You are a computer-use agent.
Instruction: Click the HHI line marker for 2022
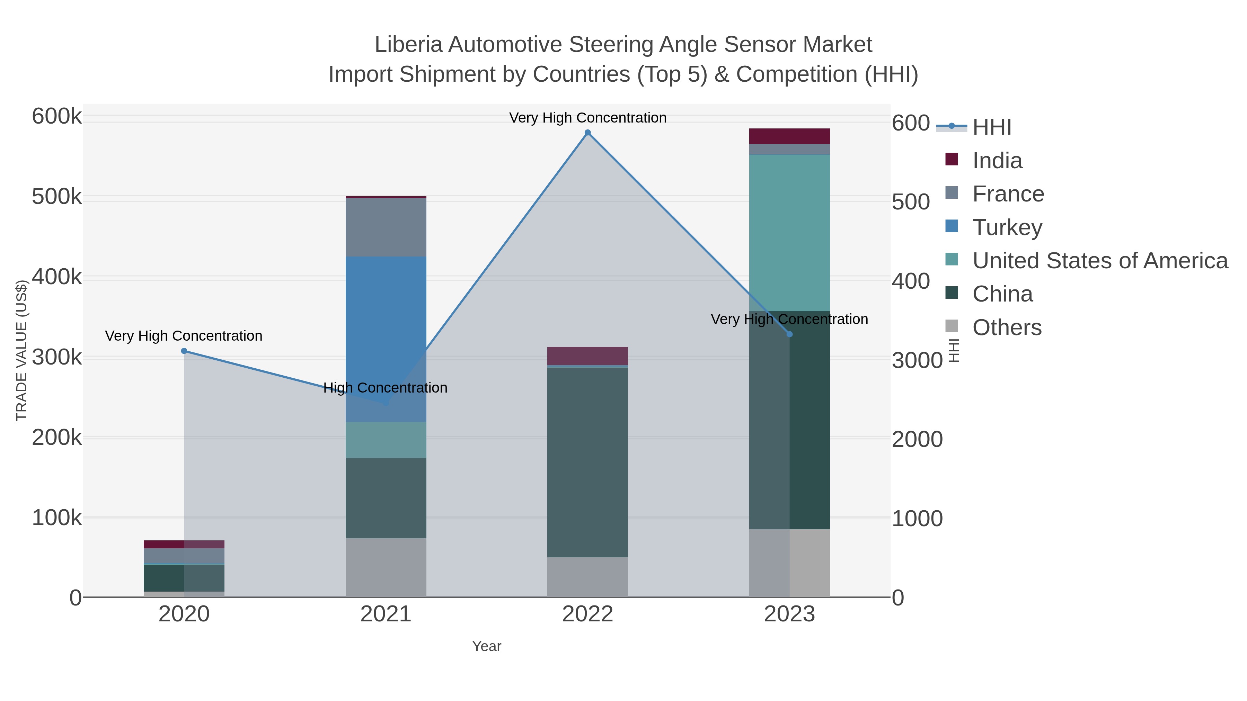point(588,133)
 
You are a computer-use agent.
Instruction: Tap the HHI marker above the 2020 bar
point(184,351)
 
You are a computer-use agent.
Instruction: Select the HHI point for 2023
point(789,334)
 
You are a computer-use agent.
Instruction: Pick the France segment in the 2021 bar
point(386,227)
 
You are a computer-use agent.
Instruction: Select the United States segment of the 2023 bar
point(789,233)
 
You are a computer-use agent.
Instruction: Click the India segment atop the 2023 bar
point(789,136)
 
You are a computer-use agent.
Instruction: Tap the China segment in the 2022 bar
point(588,462)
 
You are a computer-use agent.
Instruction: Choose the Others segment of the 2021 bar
point(386,567)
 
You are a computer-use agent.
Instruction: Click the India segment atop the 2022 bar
point(588,356)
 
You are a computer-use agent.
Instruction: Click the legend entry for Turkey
point(1007,227)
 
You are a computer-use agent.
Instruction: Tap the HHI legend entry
point(991,127)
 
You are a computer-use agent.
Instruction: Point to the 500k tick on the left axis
point(57,197)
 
